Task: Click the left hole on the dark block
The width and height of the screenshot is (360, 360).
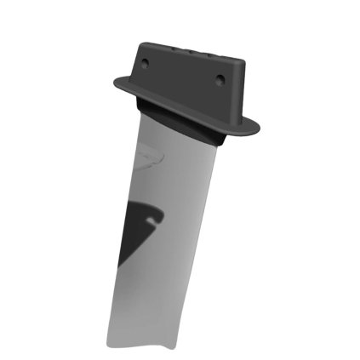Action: (x=145, y=63)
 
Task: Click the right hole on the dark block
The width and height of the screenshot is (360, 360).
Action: (x=220, y=80)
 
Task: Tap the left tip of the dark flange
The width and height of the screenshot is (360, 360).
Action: (x=114, y=82)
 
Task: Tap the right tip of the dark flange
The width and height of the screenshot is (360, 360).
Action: (x=260, y=130)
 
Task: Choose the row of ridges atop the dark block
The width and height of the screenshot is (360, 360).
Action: (x=191, y=49)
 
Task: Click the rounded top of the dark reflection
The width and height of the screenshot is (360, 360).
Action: (x=136, y=205)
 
